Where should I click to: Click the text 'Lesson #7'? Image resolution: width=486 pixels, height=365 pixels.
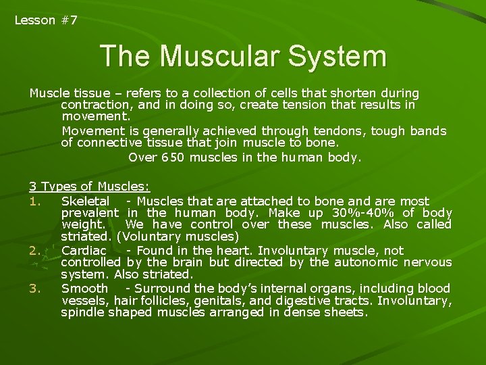click(46, 20)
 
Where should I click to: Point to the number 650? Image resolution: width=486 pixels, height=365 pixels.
click(173, 157)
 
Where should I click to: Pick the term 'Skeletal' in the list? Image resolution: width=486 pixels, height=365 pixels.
click(85, 201)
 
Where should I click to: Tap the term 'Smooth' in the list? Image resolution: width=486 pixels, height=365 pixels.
click(84, 287)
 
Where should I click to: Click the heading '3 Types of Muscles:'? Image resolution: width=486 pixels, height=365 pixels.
click(89, 187)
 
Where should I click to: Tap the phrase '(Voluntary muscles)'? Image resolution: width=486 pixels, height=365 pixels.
click(178, 237)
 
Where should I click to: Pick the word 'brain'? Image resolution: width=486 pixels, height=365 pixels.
click(178, 262)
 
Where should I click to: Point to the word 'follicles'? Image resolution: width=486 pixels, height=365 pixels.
click(164, 300)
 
